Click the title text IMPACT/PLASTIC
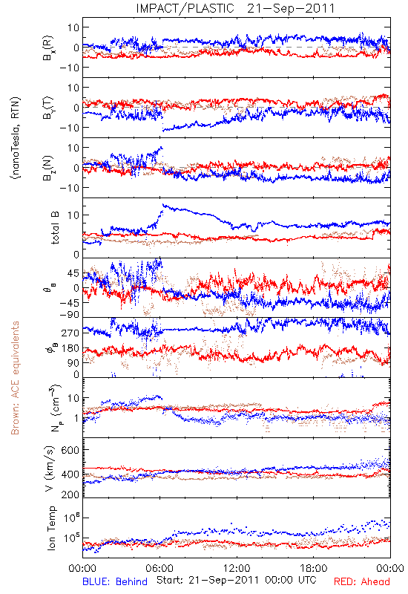pos(185,8)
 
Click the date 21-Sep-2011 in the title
pos(291,8)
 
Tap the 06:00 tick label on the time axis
pos(159,568)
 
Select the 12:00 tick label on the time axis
pos(237,568)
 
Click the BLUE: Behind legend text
pos(115,581)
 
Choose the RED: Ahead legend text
pos(362,581)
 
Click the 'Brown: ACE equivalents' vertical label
pos(15,378)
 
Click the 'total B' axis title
pos(55,228)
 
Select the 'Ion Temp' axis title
pos(51,528)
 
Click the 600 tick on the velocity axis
pos(70,450)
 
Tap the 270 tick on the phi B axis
pos(70,333)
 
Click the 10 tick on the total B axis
pos(73,215)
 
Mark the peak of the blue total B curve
pos(163,205)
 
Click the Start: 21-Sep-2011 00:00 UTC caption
pos(236,580)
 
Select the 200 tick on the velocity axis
pos(70,495)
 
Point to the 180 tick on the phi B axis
pos(70,348)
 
